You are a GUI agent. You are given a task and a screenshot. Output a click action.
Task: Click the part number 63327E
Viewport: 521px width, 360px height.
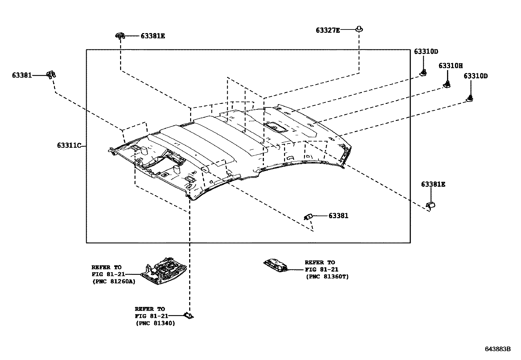[328, 30]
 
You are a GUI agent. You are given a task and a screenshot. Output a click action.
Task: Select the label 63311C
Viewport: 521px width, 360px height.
[69, 145]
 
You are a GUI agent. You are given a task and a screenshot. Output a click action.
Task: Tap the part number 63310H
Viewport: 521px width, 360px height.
[451, 66]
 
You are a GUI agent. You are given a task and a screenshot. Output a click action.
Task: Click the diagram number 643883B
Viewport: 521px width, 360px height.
[497, 349]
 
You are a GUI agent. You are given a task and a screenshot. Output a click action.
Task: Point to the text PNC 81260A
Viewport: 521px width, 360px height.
[114, 281]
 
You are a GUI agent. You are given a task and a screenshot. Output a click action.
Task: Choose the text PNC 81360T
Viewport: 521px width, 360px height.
[327, 277]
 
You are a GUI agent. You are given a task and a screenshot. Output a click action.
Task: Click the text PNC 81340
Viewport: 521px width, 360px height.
[155, 323]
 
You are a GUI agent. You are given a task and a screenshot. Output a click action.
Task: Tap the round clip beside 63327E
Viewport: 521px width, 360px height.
[359, 29]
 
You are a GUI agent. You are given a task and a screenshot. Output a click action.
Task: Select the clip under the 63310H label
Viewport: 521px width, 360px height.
[447, 84]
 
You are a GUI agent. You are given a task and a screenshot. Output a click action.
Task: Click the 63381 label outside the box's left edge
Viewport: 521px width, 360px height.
[22, 75]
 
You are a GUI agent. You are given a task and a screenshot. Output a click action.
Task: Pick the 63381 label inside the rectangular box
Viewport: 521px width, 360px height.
[338, 216]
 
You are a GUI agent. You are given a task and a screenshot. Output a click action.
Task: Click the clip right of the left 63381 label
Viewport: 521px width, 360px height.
[51, 75]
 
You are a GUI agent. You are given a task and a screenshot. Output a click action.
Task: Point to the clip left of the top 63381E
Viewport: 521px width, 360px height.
[120, 36]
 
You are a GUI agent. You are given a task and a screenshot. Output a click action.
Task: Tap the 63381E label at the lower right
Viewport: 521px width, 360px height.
[433, 184]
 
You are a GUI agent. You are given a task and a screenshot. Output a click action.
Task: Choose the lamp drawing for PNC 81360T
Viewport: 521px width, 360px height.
[276, 265]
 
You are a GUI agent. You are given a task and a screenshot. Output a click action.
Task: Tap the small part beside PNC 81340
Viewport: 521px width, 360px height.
[188, 315]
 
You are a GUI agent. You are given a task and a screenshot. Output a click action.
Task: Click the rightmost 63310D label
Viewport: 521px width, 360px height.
[476, 76]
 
